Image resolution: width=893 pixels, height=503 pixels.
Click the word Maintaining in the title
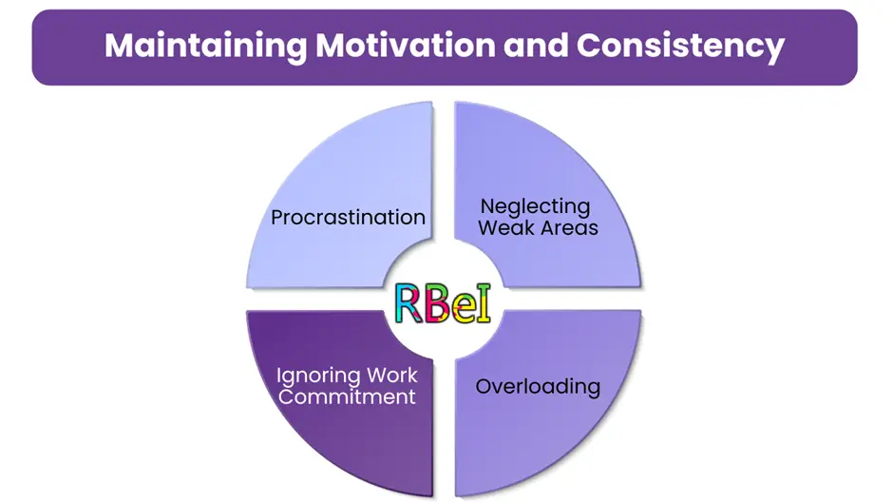[205, 47]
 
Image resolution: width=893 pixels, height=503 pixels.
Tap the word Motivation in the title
[406, 45]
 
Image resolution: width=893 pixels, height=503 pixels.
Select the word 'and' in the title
[536, 45]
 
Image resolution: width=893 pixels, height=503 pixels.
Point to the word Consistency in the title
[680, 47]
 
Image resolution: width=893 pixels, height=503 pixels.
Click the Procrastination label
[348, 218]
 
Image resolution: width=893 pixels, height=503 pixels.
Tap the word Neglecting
[536, 207]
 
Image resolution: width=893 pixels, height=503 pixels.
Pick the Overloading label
[538, 387]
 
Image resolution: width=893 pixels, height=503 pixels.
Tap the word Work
[391, 376]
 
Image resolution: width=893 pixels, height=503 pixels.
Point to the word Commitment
[347, 397]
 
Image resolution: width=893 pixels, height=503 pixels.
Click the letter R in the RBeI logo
[408, 303]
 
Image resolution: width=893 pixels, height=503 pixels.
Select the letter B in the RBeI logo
[436, 303]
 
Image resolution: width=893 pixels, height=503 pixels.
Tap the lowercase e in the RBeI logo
[462, 309]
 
